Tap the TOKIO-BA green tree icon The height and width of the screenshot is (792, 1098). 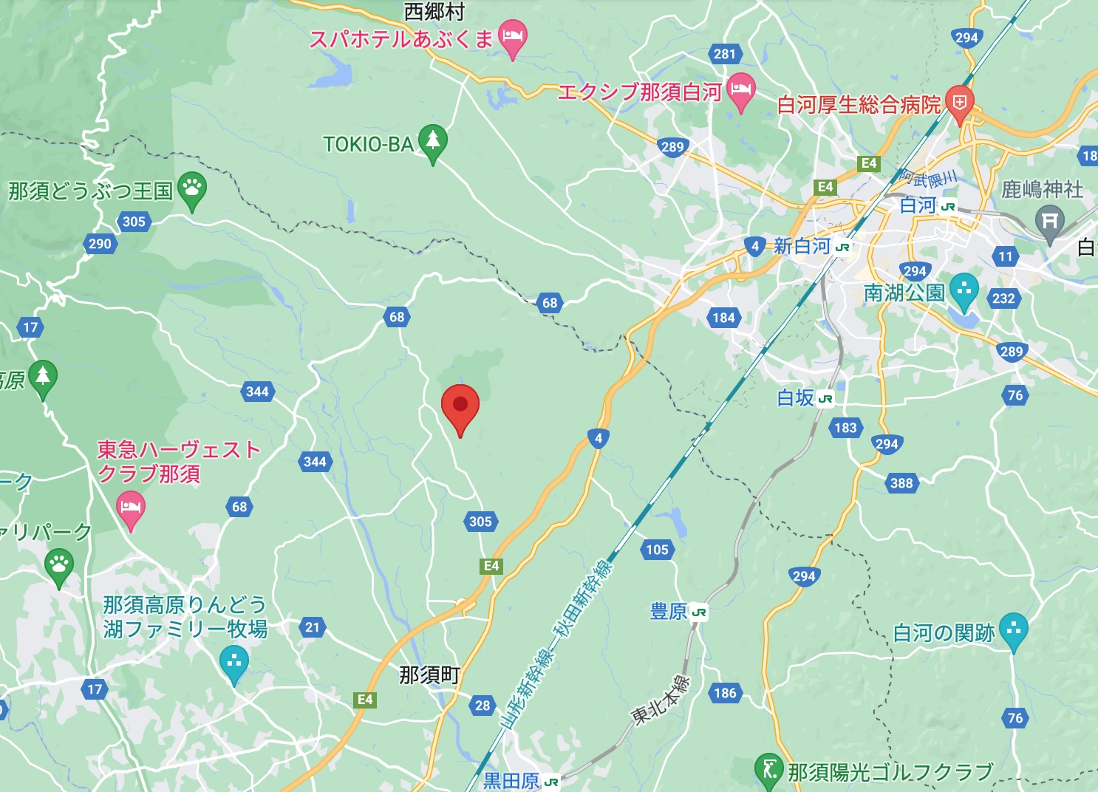click(x=433, y=140)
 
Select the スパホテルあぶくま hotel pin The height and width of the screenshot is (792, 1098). click(x=512, y=36)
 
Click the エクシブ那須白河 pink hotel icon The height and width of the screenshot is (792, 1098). click(x=740, y=90)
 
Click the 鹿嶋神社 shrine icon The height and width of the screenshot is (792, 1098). click(x=1049, y=221)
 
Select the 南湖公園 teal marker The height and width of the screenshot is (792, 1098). click(x=964, y=290)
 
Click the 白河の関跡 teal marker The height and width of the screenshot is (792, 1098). click(x=1013, y=630)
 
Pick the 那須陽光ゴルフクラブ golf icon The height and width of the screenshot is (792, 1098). click(x=769, y=770)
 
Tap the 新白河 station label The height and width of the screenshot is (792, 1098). click(x=802, y=246)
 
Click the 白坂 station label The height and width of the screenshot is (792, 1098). click(x=796, y=398)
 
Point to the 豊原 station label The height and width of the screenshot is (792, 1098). click(x=669, y=612)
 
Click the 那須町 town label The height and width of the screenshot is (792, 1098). click(x=429, y=675)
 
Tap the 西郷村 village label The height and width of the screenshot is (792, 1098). click(x=434, y=12)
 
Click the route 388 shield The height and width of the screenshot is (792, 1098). click(x=901, y=483)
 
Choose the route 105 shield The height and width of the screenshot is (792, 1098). click(x=657, y=550)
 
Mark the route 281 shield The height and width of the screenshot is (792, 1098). click(x=725, y=54)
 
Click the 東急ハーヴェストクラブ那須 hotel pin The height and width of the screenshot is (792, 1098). click(x=131, y=508)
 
